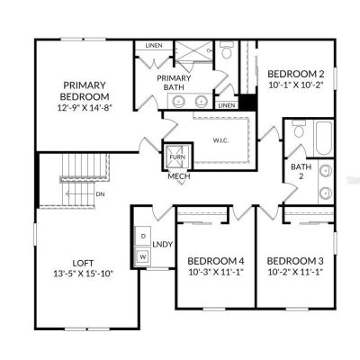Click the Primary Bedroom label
coord(85,91)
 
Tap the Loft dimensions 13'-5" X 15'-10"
coord(84,274)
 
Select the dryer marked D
coord(143,236)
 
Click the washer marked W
coord(143,256)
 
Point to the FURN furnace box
coord(177,157)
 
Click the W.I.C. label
coord(220,140)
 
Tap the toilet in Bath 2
coord(299,130)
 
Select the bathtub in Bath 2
coord(323,138)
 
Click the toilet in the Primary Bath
coord(227,50)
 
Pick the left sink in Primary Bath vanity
coord(179,102)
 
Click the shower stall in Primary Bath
coord(193,51)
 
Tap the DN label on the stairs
coord(100,194)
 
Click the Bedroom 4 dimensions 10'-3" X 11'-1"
coord(216,272)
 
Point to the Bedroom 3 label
coord(295,261)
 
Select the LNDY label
coord(163,244)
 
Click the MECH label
coord(179,176)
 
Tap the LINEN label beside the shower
coord(154,46)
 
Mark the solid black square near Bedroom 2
coord(248,102)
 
